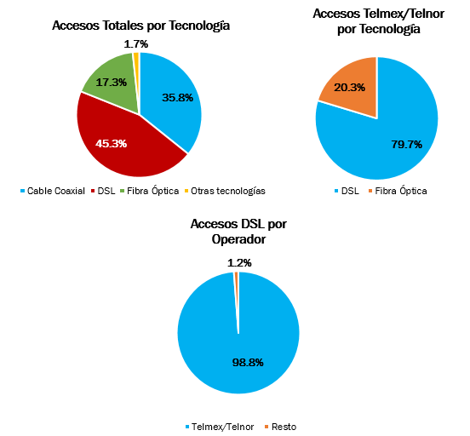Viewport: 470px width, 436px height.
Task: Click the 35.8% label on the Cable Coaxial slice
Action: [177, 97]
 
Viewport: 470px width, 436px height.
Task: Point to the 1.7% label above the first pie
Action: [135, 44]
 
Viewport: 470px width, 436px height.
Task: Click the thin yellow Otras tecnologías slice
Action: [136, 69]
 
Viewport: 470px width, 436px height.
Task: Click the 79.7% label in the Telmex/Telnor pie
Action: [406, 144]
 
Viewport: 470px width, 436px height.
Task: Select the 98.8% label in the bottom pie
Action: [248, 362]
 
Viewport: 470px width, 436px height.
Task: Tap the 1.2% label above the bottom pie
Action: [239, 262]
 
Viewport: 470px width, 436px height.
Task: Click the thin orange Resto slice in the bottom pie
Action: [237, 288]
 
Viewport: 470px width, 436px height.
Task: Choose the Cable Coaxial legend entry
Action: [53, 191]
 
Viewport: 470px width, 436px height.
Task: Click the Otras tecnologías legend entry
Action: [225, 191]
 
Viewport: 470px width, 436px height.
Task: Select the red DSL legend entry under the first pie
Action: [103, 191]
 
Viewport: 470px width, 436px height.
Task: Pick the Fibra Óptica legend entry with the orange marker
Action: [398, 191]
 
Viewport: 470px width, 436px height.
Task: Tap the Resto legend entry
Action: [281, 427]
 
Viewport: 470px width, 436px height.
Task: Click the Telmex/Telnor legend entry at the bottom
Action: [220, 427]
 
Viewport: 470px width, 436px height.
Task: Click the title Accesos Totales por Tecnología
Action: [140, 26]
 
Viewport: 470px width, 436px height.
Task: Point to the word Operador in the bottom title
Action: [238, 239]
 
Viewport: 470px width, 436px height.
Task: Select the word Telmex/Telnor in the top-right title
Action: [404, 14]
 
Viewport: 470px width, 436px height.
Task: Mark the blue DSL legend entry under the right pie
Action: [347, 191]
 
